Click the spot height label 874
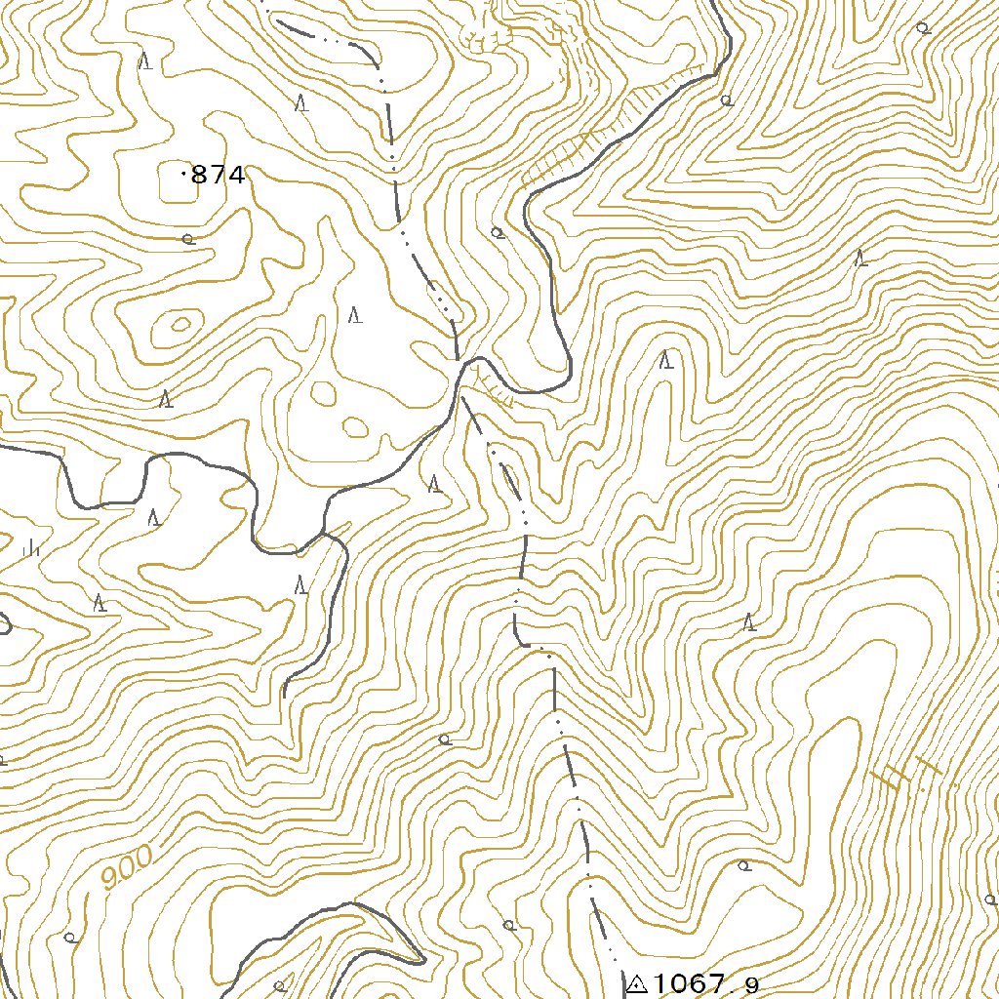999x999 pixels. tap(218, 176)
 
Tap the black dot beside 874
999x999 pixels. tap(184, 174)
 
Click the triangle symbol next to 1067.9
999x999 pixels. tap(638, 983)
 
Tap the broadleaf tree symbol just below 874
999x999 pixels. tap(187, 238)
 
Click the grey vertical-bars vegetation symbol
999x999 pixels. tap(31, 547)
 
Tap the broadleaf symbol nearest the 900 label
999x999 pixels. tap(70, 938)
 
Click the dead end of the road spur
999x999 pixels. tap(284, 696)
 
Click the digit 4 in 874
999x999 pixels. tap(234, 176)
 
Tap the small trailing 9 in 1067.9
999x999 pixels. tap(752, 986)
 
